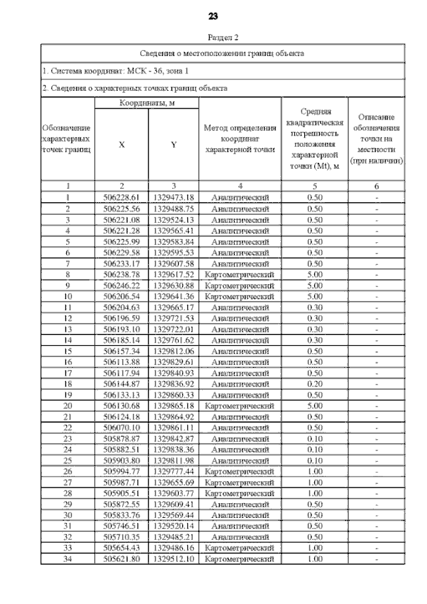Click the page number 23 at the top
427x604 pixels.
pos(213,16)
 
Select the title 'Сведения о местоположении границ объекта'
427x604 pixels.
pos(223,53)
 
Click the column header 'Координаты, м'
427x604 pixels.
pos(147,103)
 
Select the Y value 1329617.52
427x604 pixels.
pos(173,274)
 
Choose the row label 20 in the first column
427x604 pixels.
pos(67,406)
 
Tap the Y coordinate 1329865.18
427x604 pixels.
pos(173,406)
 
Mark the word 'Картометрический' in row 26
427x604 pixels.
pos(240,471)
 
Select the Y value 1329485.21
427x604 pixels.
pos(173,537)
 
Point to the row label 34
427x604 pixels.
pos(67,559)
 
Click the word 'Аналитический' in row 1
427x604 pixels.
pos(240,198)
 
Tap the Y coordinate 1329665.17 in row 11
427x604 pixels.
pos(173,307)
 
